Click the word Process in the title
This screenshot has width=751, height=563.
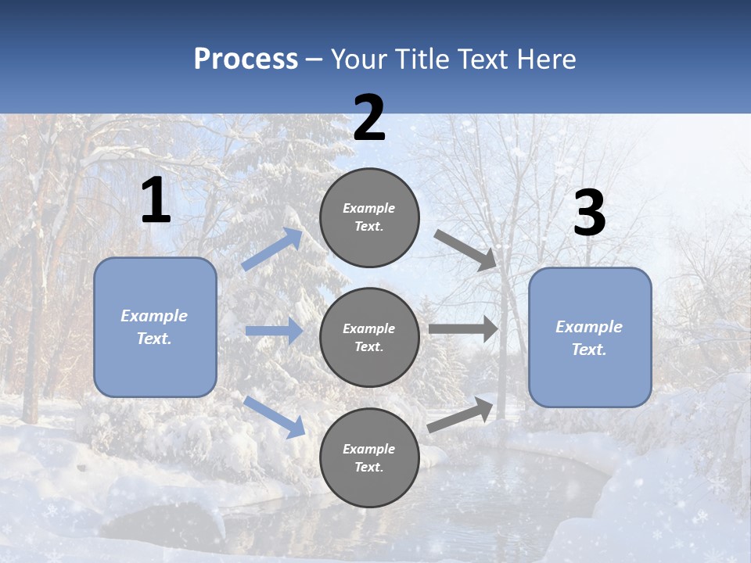(246, 59)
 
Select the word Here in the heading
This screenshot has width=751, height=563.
(546, 59)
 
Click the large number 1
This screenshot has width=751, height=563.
(156, 201)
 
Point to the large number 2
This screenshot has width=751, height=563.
(369, 118)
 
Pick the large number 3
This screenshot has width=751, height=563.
(589, 213)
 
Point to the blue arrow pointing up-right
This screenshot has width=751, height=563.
(272, 249)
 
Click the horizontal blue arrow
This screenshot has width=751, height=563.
(274, 331)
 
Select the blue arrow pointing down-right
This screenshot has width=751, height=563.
(274, 416)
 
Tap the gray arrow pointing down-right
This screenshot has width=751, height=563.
(465, 249)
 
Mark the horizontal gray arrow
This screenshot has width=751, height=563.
(463, 328)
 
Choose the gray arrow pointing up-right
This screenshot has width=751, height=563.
(461, 414)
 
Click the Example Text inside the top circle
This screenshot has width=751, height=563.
(369, 217)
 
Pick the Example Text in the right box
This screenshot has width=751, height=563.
(589, 338)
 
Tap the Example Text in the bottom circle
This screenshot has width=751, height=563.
(369, 458)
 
